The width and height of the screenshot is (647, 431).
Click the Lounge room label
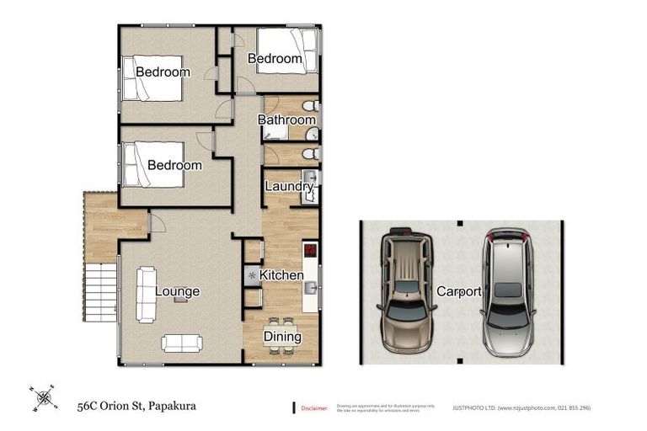177,292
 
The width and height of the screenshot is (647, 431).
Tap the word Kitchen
281,275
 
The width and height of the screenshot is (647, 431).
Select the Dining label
282,337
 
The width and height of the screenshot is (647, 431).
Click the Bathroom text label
286,120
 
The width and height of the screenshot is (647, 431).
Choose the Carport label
458,292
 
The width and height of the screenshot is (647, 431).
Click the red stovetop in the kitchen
309,251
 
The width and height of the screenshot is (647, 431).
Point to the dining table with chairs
281,326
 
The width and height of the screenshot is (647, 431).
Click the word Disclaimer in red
314,408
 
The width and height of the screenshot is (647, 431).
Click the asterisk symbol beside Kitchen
251,275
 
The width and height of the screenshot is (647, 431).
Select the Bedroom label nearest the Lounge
174,165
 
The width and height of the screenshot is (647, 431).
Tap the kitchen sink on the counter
309,288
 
